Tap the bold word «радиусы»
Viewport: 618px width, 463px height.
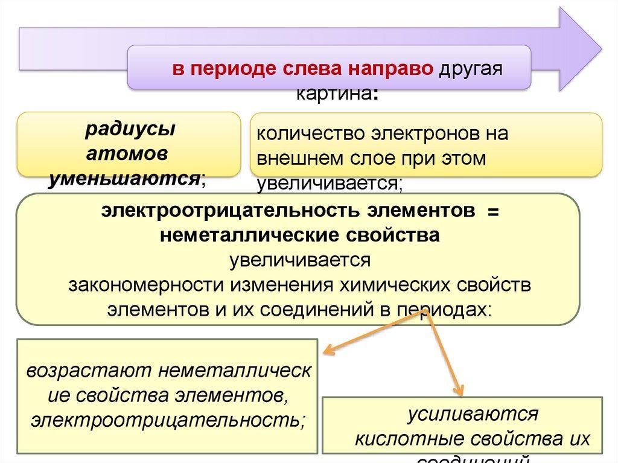coord(126,129)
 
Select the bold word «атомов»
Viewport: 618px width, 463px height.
coord(127,153)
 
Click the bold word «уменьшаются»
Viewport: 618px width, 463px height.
coord(124,177)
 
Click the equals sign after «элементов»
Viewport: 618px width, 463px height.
coord(493,212)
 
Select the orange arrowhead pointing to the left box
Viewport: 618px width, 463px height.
coord(328,350)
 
